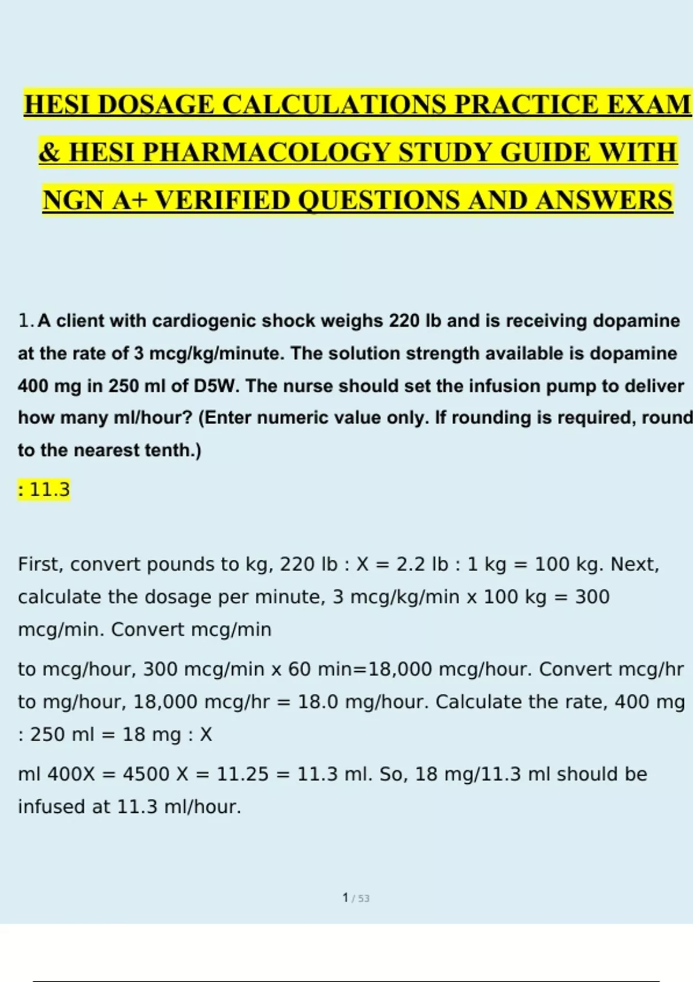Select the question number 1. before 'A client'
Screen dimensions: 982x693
pos(27,321)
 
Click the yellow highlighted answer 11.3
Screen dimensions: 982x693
pos(49,490)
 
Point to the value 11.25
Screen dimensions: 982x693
pos(243,774)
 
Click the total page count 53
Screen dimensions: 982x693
pos(363,899)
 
